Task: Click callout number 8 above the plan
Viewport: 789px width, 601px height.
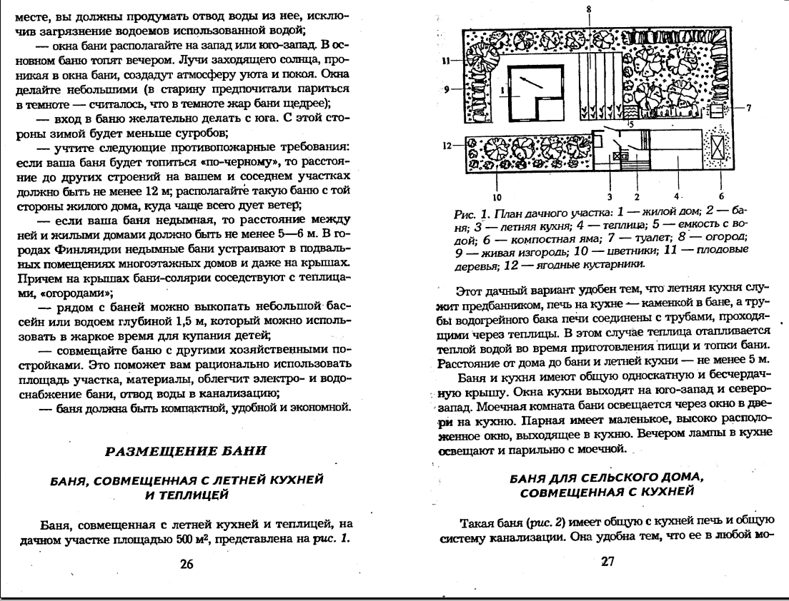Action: tap(589, 8)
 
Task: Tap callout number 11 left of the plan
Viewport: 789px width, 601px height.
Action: tap(445, 61)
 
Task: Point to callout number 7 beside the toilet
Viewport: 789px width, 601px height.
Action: tap(748, 108)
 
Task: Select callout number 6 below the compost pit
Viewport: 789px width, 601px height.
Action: tap(721, 195)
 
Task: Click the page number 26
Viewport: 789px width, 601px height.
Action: tap(187, 564)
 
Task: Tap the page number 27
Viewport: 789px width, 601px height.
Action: tap(607, 561)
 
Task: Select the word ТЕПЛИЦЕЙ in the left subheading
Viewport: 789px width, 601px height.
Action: tap(187, 493)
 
